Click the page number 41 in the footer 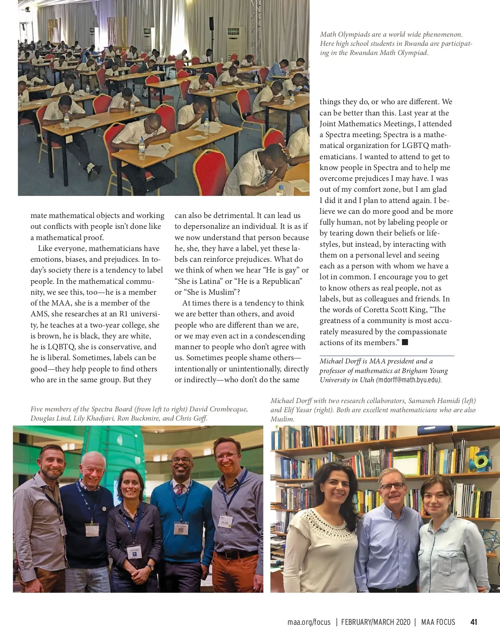473,622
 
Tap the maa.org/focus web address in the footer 309,622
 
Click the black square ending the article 405,342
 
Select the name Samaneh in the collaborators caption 422,401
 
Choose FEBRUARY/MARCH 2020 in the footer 376,622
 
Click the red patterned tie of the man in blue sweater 179,489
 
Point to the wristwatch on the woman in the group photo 150,567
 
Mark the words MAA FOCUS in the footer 438,622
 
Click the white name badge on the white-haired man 92,530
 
